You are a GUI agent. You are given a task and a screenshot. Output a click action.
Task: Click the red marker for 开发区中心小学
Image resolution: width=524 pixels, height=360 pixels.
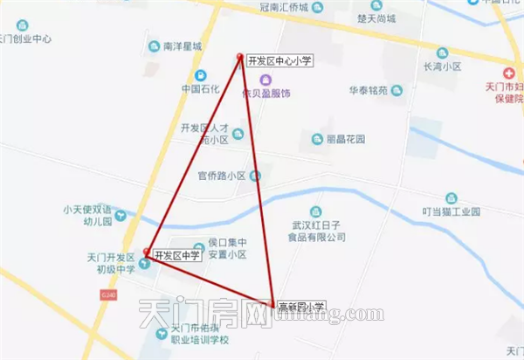coord(240,59)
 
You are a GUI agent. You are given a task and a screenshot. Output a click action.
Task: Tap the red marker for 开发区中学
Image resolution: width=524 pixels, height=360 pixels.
coord(147,252)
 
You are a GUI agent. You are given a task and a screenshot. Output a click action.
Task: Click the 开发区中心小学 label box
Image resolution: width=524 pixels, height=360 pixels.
coord(279,60)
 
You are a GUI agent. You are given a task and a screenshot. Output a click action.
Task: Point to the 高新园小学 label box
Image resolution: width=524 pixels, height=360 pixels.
coord(300,307)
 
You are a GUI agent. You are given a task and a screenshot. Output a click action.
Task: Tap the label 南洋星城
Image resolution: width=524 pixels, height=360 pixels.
coord(183,46)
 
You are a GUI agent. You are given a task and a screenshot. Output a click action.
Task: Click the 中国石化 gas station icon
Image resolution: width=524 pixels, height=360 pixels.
coord(202,75)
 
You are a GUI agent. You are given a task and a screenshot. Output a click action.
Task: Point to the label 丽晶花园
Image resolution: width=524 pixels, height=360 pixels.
coord(344,139)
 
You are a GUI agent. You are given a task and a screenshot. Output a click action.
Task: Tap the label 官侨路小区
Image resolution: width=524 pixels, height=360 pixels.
coord(222,175)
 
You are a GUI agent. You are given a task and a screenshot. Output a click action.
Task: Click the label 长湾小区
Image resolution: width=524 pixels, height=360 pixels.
coord(441,65)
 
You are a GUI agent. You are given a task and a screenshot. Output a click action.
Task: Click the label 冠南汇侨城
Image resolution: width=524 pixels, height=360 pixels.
coord(285,6)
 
